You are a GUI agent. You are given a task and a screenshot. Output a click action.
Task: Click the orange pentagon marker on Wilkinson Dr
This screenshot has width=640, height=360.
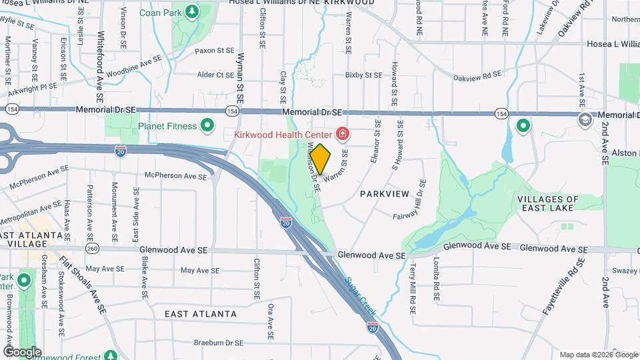coord(321,159)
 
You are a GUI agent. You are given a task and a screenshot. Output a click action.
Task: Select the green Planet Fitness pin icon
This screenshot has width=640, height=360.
coord(207,125)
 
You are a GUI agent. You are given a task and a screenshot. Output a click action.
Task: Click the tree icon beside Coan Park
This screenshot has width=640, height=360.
coord(192,11)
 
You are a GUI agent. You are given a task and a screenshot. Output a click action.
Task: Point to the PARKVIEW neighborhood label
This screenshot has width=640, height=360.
coord(384,194)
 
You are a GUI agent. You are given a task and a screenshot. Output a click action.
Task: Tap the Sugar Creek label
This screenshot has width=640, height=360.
coord(361,294)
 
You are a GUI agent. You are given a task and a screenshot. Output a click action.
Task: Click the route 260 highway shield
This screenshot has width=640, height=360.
coord(92,249)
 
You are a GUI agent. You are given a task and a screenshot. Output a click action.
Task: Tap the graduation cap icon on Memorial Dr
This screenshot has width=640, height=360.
coord(584,121)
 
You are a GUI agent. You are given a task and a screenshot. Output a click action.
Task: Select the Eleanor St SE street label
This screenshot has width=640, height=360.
coord(378,141)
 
